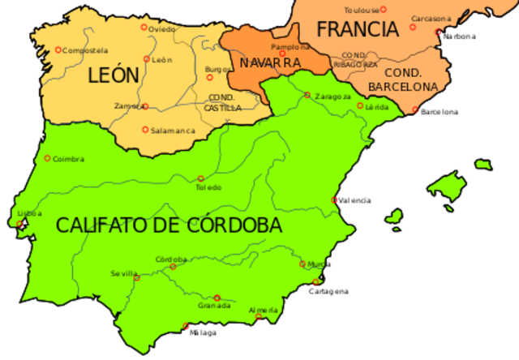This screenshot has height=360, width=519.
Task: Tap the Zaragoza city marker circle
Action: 307,95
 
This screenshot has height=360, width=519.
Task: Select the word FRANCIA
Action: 358,30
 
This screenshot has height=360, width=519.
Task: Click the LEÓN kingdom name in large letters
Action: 114,76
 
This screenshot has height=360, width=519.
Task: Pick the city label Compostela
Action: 86,50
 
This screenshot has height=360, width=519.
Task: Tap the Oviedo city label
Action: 162,28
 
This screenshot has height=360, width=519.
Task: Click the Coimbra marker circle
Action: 47,158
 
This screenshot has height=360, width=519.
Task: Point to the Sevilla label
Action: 124,273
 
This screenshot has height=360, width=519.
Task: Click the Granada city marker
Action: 217,298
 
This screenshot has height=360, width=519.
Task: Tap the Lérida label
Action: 377,106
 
